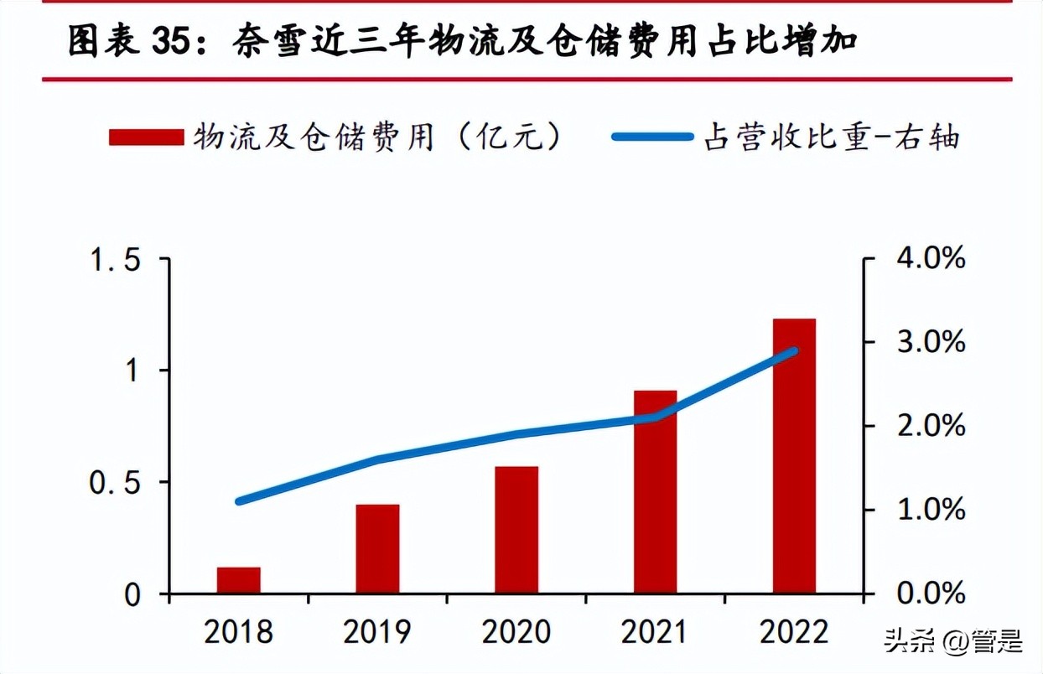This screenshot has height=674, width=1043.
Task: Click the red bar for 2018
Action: [239, 580]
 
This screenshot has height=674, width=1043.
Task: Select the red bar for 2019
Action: [377, 549]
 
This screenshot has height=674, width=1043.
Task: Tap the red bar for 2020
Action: [516, 530]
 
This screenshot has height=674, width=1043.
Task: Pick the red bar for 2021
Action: [655, 492]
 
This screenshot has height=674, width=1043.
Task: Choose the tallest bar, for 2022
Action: [794, 456]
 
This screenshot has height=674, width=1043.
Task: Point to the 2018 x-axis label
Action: [239, 631]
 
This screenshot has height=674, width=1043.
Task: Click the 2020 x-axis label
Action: [516, 631]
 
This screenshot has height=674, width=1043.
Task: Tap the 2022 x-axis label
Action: [794, 631]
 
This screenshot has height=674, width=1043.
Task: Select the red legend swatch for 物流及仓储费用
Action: [146, 137]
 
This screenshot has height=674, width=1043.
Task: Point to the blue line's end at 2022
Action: [793, 350]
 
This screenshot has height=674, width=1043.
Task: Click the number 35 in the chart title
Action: [173, 41]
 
